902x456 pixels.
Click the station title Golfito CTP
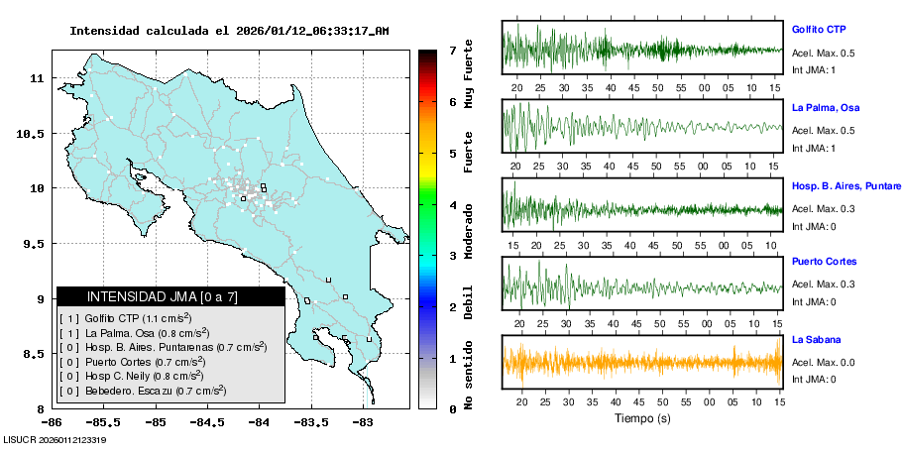[x=818, y=30]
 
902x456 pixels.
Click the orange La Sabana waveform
[x=642, y=362]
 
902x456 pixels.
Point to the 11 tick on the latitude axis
[x=35, y=77]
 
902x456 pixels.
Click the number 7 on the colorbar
[x=452, y=50]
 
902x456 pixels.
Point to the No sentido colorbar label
[x=468, y=378]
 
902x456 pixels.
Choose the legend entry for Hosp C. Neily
[x=140, y=376]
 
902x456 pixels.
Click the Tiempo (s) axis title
[x=642, y=418]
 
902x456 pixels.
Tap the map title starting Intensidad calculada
[x=229, y=31]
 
